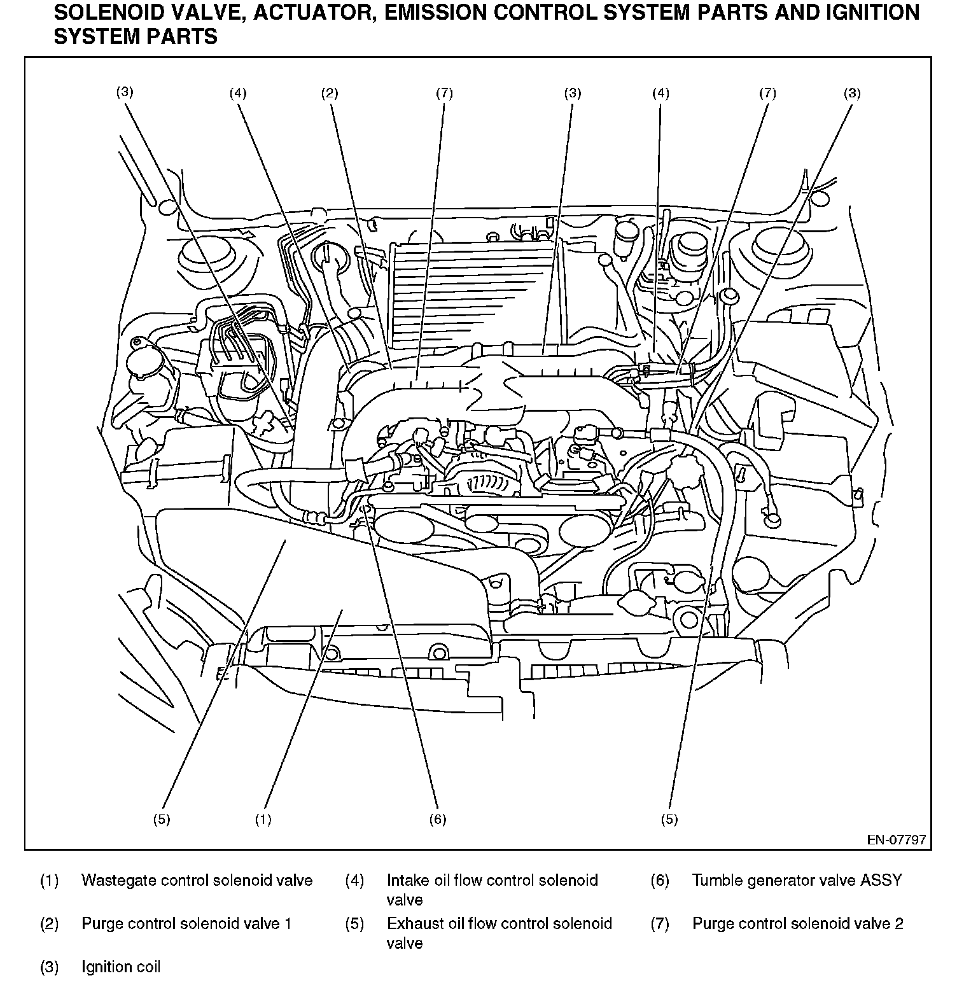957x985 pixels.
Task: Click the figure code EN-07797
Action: [x=896, y=840]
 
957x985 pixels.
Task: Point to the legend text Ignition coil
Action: [x=121, y=967]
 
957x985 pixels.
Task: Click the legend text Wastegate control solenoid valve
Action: [x=197, y=881]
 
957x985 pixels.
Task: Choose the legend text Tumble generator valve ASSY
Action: [x=797, y=881]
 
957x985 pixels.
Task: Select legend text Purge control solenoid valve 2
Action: [x=798, y=923]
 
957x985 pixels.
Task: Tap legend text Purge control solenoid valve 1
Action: [x=186, y=923]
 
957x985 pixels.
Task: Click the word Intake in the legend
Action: [x=408, y=881]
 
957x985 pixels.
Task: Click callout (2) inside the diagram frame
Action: [x=329, y=94]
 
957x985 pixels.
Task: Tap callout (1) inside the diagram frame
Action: [x=263, y=820]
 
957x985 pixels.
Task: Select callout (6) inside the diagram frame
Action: [x=438, y=820]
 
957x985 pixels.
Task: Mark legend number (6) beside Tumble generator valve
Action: [x=660, y=881]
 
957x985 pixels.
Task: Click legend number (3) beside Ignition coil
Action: [x=50, y=967]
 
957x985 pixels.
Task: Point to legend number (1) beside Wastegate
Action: [x=50, y=881]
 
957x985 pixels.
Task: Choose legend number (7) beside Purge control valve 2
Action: [x=660, y=923]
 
